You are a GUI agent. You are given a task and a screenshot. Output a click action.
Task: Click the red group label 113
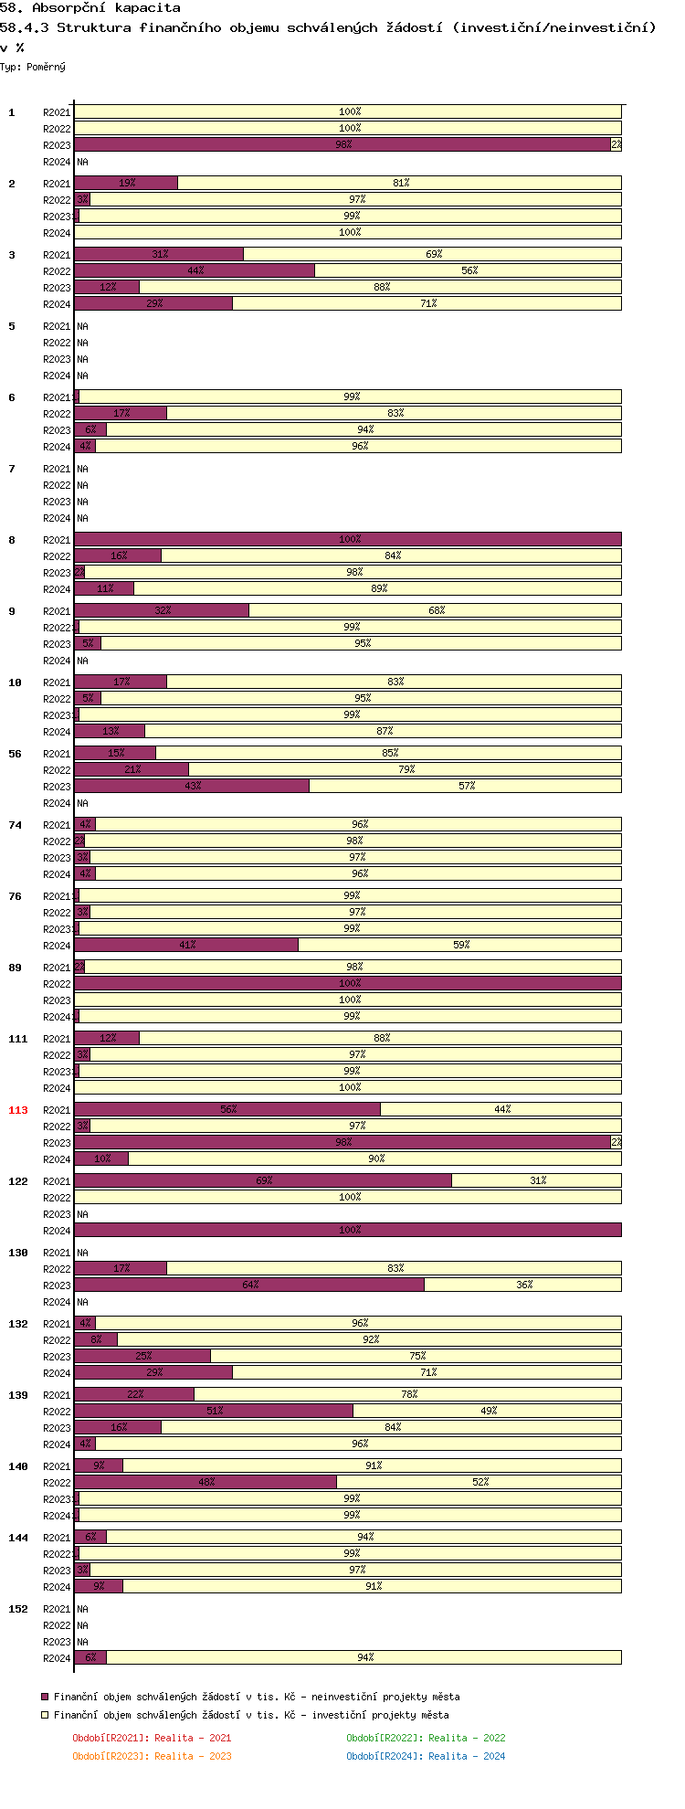point(17,1110)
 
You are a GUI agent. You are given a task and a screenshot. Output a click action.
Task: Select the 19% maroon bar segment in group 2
point(126,183)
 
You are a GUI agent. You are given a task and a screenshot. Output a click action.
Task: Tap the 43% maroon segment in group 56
point(192,786)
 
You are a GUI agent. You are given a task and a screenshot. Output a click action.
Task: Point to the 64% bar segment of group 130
point(249,1285)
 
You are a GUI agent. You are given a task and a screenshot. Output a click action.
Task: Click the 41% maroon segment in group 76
point(186,945)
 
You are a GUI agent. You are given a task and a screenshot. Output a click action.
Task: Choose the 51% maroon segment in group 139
point(214,1411)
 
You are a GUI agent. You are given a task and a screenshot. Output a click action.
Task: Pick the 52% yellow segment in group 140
point(479,1482)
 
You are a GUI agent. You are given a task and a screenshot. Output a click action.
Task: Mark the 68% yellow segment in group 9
point(436,610)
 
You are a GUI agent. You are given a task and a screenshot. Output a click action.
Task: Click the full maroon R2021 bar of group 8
point(348,539)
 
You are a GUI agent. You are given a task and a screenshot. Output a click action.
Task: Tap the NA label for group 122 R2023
point(82,1214)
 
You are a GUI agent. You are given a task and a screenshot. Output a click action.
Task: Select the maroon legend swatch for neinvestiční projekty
point(45,1697)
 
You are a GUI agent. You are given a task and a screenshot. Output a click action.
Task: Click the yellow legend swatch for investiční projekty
point(45,1715)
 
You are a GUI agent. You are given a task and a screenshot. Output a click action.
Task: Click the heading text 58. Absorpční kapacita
point(90,8)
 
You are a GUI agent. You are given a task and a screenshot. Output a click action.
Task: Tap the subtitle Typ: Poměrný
point(33,67)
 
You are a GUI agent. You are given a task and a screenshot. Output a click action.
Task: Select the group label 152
point(17,1609)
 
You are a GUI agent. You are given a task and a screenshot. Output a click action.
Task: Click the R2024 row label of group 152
point(57,1658)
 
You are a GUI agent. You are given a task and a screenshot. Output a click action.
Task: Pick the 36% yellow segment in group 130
point(523,1285)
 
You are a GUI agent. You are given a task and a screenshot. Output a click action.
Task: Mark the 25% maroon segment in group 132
point(142,1356)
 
